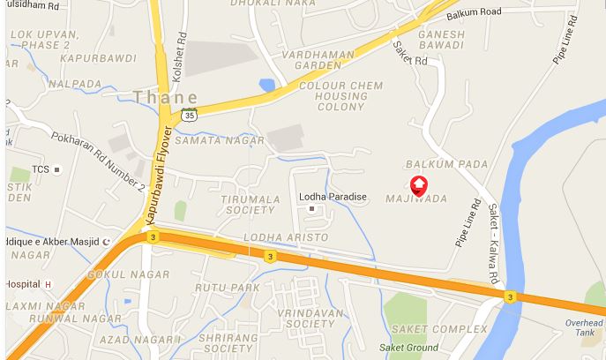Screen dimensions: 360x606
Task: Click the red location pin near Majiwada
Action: click(420, 184)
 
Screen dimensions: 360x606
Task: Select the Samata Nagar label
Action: click(219, 140)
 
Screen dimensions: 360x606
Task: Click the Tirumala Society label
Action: click(251, 205)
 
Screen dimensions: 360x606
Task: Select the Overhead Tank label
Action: click(585, 328)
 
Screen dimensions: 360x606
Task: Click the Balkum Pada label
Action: click(434, 165)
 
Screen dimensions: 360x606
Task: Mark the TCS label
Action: click(41, 169)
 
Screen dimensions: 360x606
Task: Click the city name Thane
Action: click(165, 96)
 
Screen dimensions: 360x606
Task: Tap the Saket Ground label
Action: click(408, 347)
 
